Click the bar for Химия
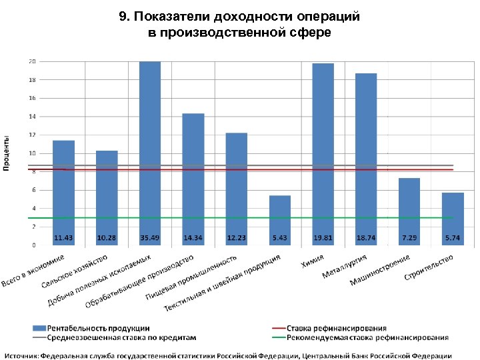[x=323, y=153]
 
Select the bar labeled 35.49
[x=150, y=153]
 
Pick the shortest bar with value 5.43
[x=280, y=220]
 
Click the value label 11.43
[x=63, y=238]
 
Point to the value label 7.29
[x=409, y=238]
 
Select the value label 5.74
[x=453, y=238]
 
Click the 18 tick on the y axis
[x=31, y=80]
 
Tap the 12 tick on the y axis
[x=31, y=135]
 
